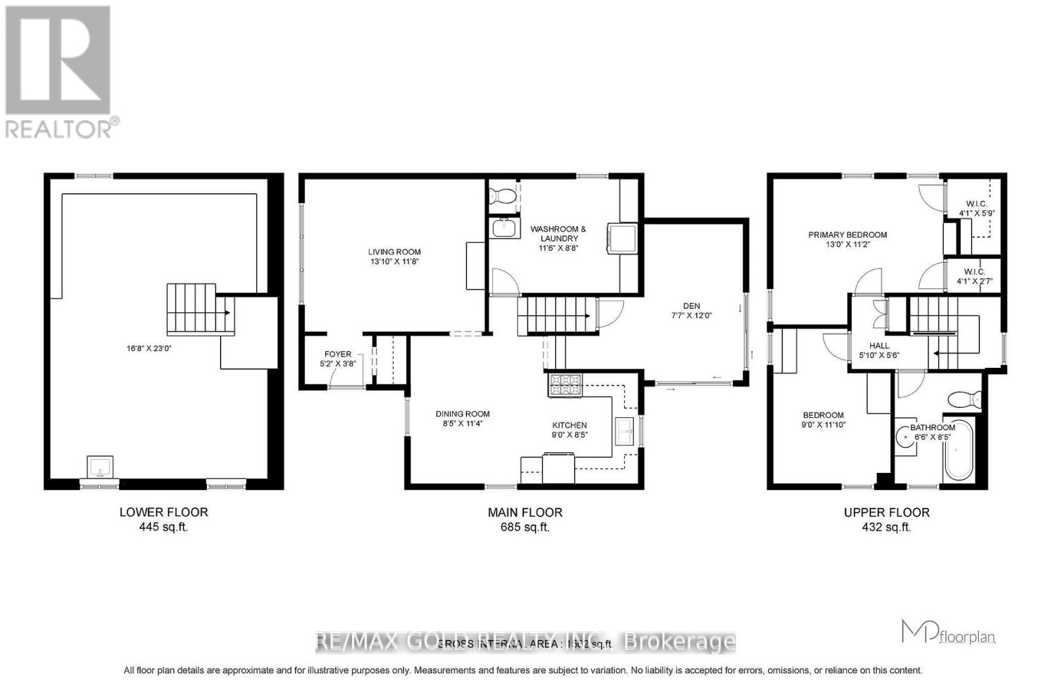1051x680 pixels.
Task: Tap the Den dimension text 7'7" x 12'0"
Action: coord(691,315)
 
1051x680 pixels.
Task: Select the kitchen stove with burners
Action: coord(564,385)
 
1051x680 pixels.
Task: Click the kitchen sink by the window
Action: coord(623,432)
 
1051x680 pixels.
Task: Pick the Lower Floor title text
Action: coord(164,512)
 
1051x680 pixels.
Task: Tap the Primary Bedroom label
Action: coord(847,235)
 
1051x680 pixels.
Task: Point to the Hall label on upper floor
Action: coord(879,346)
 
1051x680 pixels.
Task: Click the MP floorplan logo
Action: coord(949,632)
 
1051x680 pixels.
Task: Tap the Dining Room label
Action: coord(462,414)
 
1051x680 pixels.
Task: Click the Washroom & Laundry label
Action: coord(558,234)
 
